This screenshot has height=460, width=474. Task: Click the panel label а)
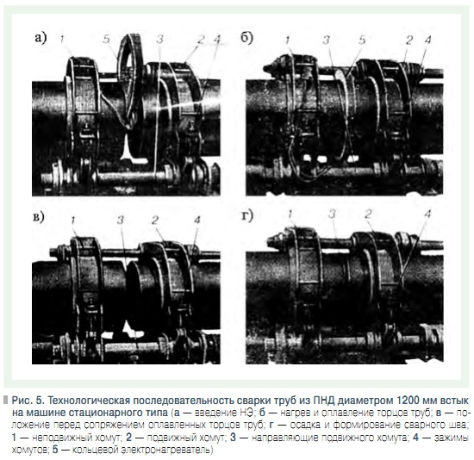coord(41,39)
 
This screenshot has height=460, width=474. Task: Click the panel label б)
coord(247,39)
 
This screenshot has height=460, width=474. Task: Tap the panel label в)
coord(39,217)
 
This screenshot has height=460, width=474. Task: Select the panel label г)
coord(247,215)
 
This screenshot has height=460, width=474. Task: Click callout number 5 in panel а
coord(106,39)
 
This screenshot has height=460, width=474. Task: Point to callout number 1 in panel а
coord(61,39)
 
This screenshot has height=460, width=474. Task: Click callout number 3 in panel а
coord(159,39)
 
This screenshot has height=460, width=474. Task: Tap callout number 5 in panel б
coord(362,40)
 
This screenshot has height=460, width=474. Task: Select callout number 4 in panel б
coord(427,40)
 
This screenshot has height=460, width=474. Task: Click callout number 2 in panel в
coord(155,220)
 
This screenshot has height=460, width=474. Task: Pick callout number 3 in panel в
coord(121,220)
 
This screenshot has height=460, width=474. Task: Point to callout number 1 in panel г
coord(290,214)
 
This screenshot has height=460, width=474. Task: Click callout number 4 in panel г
coord(427,214)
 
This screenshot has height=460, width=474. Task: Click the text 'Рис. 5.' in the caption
coord(28,401)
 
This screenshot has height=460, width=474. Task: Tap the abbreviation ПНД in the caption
coord(323,401)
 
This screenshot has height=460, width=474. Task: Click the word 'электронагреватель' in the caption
coord(165,450)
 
